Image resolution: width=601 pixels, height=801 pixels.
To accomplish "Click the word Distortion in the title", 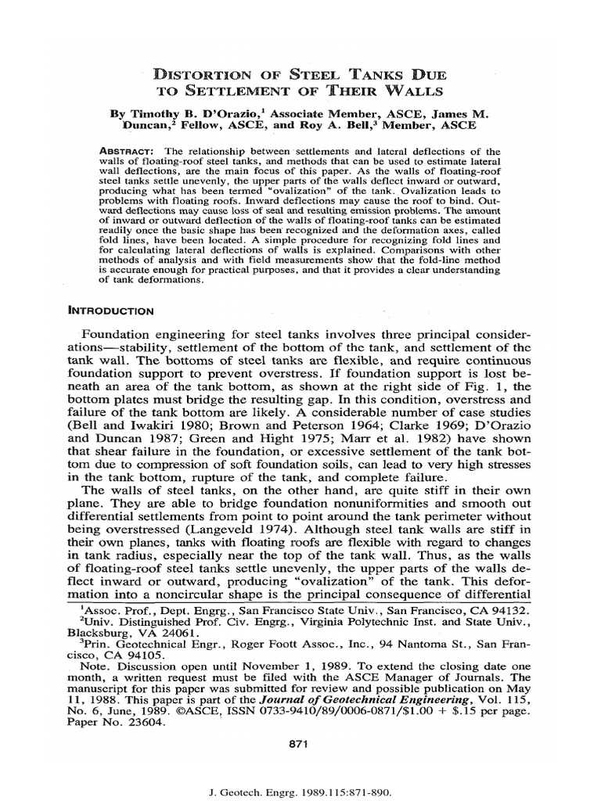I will (x=203, y=76).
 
